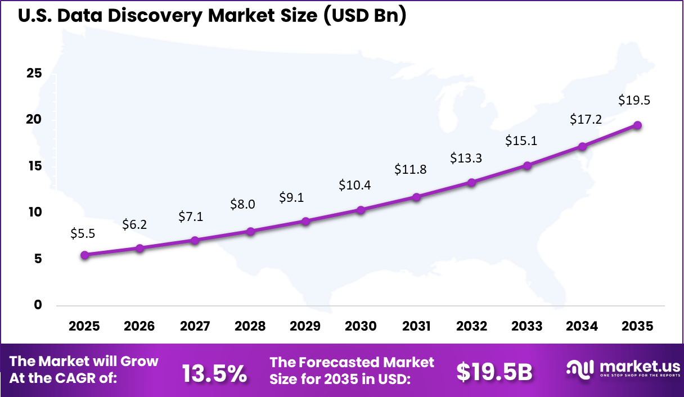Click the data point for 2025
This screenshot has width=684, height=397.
click(85, 255)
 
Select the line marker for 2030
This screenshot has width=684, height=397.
click(361, 210)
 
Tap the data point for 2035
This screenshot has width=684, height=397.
click(637, 125)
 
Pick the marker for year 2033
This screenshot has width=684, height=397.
click(527, 165)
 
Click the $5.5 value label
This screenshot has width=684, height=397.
click(83, 234)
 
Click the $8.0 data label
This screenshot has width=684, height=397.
click(242, 204)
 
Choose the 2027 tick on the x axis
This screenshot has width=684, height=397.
click(195, 327)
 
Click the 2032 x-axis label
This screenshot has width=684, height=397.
click(471, 327)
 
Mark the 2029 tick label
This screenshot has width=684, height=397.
click(305, 327)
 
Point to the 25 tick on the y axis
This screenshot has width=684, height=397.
click(34, 73)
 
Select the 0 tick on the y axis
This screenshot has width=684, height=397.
click(38, 305)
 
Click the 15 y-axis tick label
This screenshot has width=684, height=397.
click(34, 166)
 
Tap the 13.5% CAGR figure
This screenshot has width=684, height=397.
click(214, 373)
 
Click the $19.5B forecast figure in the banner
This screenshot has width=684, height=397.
click(494, 372)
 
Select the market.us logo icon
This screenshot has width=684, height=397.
click(579, 369)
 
